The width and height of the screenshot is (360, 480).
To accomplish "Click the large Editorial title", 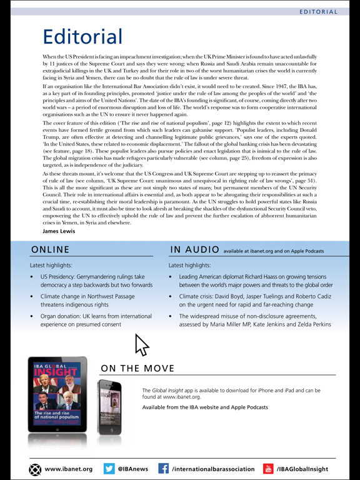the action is click(x=82, y=36).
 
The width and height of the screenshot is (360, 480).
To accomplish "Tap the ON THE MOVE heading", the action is click(x=137, y=368).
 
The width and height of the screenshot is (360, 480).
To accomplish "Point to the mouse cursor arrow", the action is click(x=141, y=345).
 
